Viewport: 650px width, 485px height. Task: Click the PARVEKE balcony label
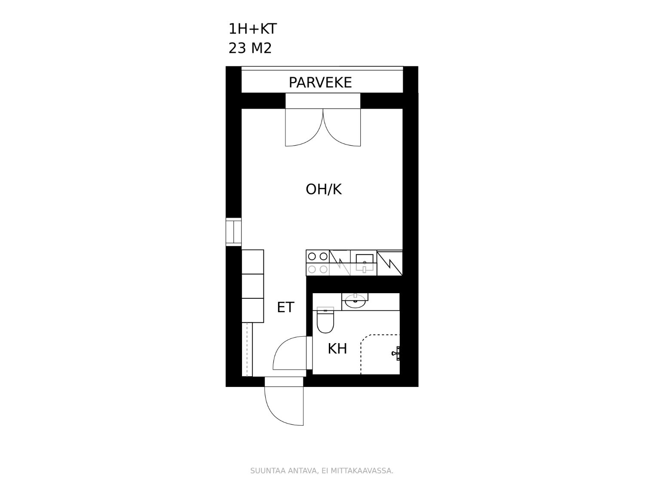(320, 82)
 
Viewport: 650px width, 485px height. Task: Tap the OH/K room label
(324, 189)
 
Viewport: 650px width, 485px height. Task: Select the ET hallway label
(285, 307)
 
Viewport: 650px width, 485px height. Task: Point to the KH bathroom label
(337, 349)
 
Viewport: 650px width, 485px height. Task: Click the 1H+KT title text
(253, 29)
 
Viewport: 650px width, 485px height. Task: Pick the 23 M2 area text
(250, 48)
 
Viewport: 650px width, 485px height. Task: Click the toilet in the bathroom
(325, 319)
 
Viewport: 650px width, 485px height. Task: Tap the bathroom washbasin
(355, 301)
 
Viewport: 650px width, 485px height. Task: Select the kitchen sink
(364, 263)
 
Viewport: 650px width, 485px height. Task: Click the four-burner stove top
(317, 263)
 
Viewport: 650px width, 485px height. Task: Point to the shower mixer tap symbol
(396, 353)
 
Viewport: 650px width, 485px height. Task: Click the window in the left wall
(233, 232)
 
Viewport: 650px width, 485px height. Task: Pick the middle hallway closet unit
(253, 286)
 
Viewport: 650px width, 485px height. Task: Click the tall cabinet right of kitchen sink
(389, 263)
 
